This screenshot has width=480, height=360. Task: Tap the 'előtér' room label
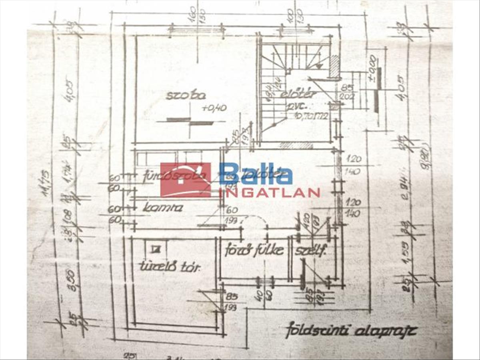[x=298, y=94]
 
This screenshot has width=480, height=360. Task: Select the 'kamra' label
[x=162, y=208]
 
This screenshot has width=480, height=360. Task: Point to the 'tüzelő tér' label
[x=169, y=267]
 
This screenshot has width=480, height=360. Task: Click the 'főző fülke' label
[x=254, y=250]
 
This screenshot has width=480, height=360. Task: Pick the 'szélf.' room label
[x=311, y=251]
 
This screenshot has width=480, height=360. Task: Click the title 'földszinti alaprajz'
[x=351, y=331]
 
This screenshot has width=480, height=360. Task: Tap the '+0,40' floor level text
[x=214, y=108]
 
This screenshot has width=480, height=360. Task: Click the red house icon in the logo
[x=185, y=180]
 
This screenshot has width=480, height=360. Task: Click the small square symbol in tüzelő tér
[x=154, y=249]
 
